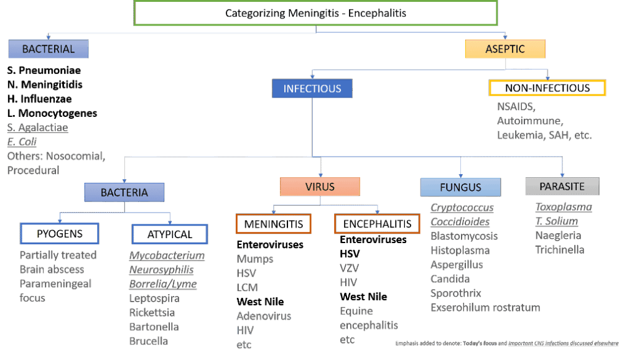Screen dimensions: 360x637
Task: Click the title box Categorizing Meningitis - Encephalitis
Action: click(x=315, y=12)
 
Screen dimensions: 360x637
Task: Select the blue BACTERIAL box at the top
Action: click(x=49, y=49)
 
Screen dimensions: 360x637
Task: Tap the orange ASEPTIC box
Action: click(x=505, y=49)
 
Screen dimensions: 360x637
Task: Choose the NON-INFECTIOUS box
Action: click(x=547, y=88)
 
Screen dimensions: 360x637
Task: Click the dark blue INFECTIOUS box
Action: click(x=312, y=89)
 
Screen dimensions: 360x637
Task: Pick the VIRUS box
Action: click(x=320, y=187)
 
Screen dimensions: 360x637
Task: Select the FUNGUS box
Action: click(x=460, y=187)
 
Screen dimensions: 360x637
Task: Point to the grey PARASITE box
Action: click(x=562, y=187)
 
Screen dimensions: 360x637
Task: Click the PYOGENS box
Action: click(x=60, y=234)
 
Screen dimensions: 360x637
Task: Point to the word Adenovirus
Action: click(x=263, y=316)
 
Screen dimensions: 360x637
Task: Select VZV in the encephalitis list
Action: click(x=350, y=268)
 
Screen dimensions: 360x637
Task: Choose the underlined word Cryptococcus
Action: click(x=462, y=208)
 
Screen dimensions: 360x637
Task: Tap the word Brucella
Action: click(x=149, y=341)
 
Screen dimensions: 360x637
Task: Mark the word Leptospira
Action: click(x=154, y=298)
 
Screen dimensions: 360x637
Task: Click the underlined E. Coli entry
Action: click(x=22, y=141)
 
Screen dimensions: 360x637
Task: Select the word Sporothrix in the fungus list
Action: click(x=455, y=293)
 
